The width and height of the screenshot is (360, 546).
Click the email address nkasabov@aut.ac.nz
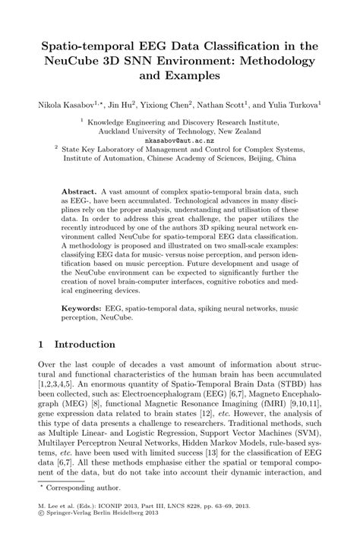point(179,140)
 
